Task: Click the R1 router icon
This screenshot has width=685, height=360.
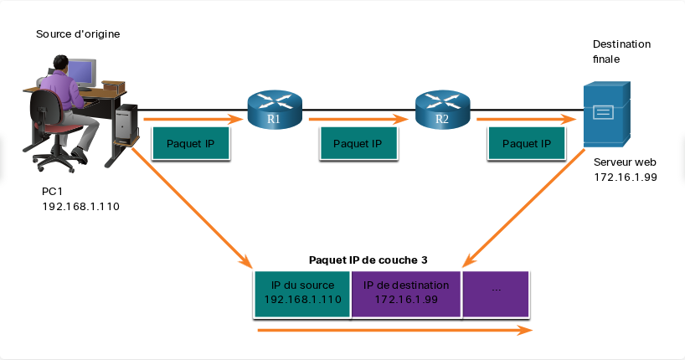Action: pyautogui.click(x=275, y=110)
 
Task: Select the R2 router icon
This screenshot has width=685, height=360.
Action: pyautogui.click(x=442, y=110)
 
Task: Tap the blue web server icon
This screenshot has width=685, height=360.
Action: pyautogui.click(x=607, y=114)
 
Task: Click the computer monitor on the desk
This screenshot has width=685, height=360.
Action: pyautogui.click(x=81, y=74)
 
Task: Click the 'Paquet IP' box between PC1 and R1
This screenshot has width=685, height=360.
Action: pyautogui.click(x=190, y=143)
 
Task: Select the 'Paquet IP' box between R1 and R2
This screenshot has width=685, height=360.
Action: pyautogui.click(x=358, y=143)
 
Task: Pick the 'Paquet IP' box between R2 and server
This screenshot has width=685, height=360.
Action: pyautogui.click(x=527, y=143)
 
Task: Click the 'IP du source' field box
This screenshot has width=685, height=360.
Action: pyautogui.click(x=302, y=294)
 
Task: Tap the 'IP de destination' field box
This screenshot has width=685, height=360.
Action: pyautogui.click(x=406, y=294)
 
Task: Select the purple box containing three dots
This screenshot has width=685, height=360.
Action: pyautogui.click(x=496, y=294)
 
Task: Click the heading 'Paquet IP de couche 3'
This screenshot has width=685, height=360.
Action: pyautogui.click(x=368, y=260)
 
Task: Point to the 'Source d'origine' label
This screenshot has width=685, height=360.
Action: pyautogui.click(x=78, y=34)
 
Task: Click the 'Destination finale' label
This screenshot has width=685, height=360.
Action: pyautogui.click(x=621, y=52)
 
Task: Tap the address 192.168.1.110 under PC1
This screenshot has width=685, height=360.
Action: pyautogui.click(x=81, y=206)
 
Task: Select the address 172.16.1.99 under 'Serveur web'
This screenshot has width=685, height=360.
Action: pyautogui.click(x=626, y=177)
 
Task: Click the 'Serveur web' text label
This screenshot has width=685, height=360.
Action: pyautogui.click(x=625, y=162)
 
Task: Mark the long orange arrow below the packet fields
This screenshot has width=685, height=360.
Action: pyautogui.click(x=394, y=331)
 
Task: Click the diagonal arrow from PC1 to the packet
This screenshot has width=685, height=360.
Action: pyautogui.click(x=193, y=208)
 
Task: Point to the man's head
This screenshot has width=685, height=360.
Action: pyautogui.click(x=61, y=63)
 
